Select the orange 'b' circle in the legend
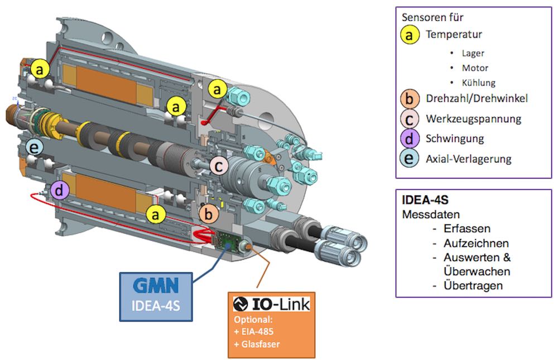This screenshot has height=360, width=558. pyautogui.click(x=410, y=99)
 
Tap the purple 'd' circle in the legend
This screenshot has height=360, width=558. pyautogui.click(x=410, y=138)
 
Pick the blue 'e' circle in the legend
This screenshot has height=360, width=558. pyautogui.click(x=410, y=159)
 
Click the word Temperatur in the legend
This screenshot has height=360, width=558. pyautogui.click(x=454, y=35)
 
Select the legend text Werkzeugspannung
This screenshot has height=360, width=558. pyautogui.click(x=473, y=119)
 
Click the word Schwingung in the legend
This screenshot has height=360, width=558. pyautogui.click(x=455, y=138)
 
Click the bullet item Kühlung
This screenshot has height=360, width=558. pyautogui.click(x=478, y=83)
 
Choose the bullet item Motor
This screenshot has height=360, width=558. pyautogui.click(x=475, y=68)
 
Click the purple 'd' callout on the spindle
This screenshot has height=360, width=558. pyautogui.click(x=59, y=191)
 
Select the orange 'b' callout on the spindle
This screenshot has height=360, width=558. pyautogui.click(x=209, y=213)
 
